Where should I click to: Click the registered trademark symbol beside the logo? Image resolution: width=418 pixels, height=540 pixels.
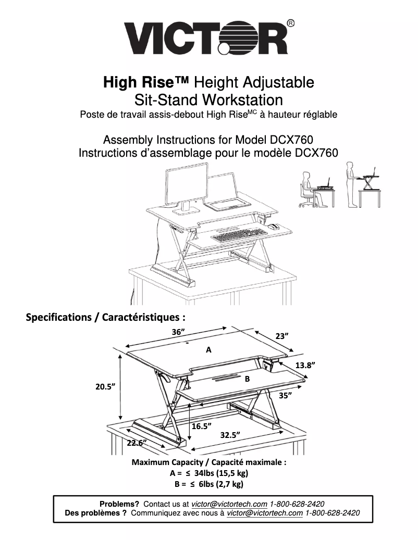(x=291, y=23)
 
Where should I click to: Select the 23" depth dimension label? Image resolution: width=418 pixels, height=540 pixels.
(x=282, y=336)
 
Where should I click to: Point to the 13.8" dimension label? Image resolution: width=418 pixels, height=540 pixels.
(x=305, y=365)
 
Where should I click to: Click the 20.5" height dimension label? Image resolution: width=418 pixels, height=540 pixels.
(x=105, y=386)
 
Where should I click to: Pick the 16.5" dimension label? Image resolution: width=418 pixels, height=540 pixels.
(x=201, y=426)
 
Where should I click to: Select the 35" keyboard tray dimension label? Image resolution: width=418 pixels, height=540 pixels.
(x=285, y=395)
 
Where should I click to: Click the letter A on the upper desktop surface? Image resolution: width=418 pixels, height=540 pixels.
(x=208, y=350)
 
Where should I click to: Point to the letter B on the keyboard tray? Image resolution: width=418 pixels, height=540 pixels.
(x=247, y=379)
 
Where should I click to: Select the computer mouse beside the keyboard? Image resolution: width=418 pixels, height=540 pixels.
(x=274, y=227)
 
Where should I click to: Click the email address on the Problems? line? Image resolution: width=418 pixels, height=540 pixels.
(x=229, y=504)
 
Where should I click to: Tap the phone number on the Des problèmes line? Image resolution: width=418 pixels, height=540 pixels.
(x=332, y=513)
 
